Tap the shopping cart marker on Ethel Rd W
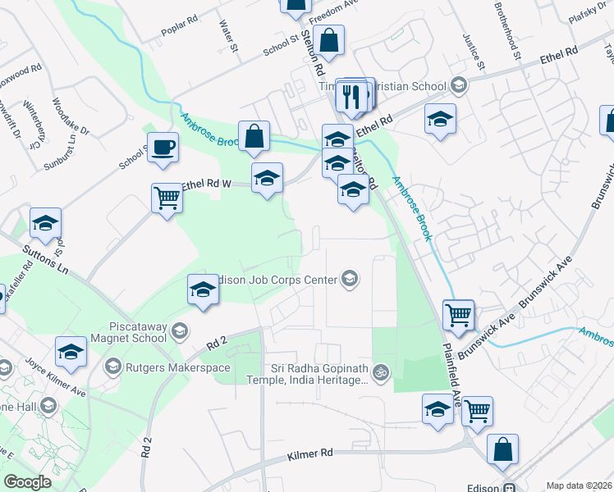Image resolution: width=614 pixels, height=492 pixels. (167, 198)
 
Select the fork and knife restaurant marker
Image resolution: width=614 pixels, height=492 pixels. (352, 96)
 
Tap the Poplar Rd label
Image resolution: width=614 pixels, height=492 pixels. (181, 25)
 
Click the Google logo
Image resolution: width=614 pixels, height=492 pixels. (27, 482)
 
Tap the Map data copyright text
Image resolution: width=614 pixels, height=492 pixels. (579, 485)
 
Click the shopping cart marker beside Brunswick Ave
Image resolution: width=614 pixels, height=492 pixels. (458, 313)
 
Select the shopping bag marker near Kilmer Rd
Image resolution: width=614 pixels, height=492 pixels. (502, 450)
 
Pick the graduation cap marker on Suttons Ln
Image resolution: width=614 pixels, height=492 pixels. (45, 223)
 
